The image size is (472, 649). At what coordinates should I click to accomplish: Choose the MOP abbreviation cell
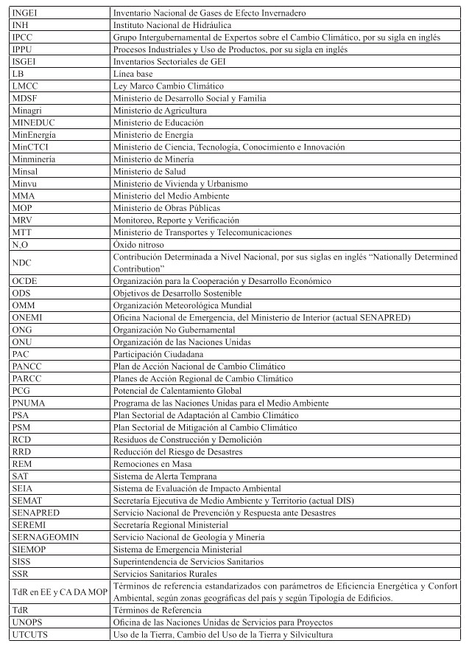coord(22,208)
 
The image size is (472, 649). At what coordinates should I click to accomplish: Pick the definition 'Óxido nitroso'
coord(138,244)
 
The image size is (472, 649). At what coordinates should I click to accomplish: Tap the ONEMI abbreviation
coord(28,318)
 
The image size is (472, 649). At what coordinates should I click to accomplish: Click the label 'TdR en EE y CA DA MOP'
coord(59,592)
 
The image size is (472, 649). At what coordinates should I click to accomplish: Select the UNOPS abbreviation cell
coord(28,622)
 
